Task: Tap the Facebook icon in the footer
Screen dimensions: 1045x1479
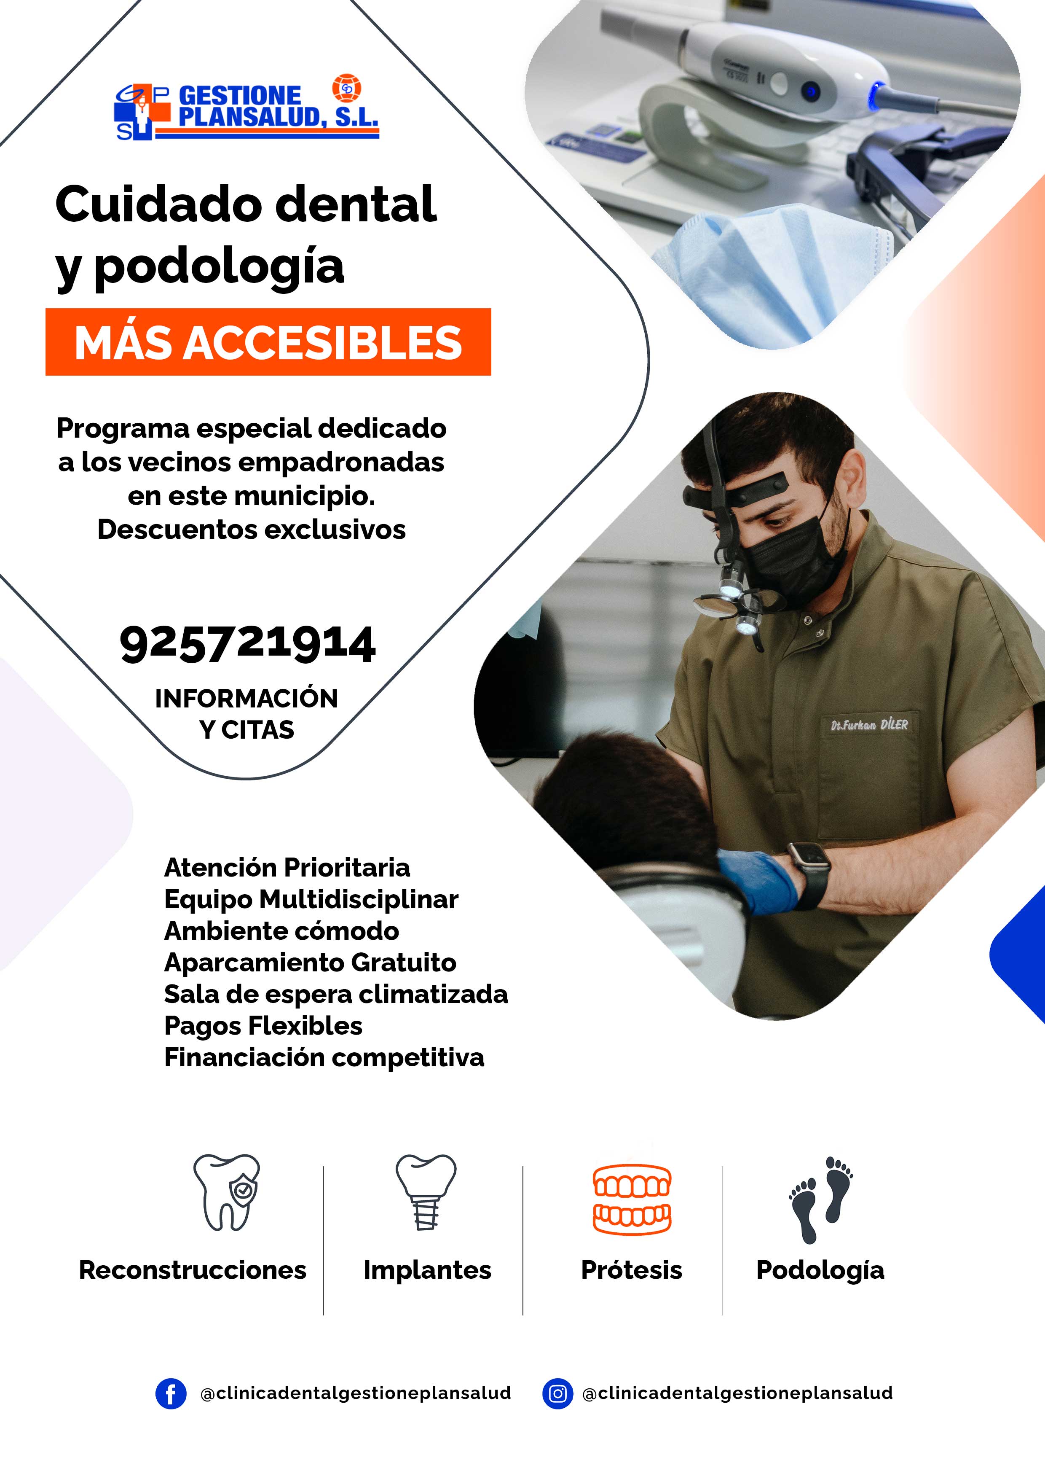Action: pos(171,1394)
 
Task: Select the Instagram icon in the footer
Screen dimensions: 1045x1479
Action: pos(557,1394)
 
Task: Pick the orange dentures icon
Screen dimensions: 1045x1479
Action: pos(632,1199)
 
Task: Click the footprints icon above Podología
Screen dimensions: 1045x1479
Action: pos(821,1199)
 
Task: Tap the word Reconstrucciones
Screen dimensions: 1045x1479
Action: pos(193,1270)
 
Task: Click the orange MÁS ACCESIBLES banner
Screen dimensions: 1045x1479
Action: pos(268,342)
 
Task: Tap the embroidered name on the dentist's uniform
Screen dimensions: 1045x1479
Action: pos(869,725)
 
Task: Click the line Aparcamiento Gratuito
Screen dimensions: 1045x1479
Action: pos(311,963)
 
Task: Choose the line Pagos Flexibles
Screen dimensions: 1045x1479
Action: pos(263,1025)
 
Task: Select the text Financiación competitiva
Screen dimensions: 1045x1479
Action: pos(324,1057)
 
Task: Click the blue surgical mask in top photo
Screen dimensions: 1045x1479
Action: pos(773,271)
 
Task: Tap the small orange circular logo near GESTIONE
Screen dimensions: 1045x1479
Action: pos(346,89)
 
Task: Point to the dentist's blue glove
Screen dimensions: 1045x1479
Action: pos(758,880)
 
